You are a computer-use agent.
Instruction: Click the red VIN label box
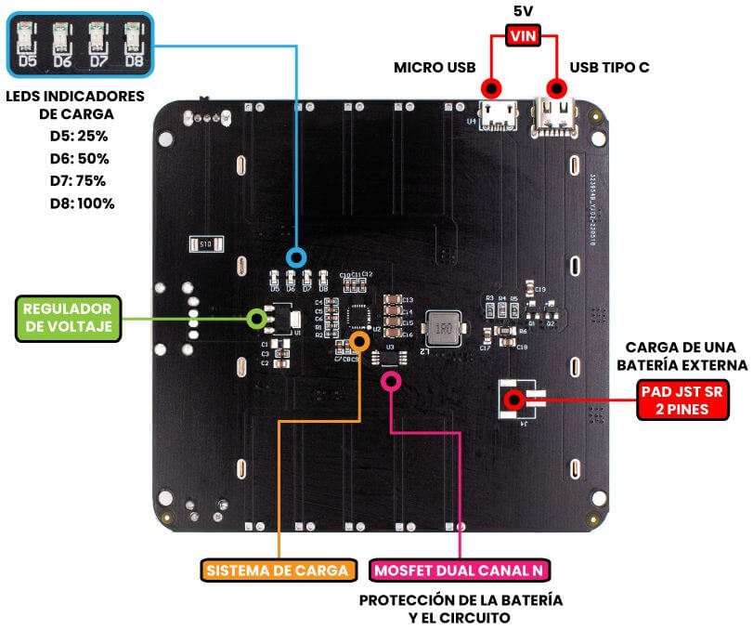click(523, 36)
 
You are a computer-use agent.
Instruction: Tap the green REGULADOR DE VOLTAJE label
click(68, 317)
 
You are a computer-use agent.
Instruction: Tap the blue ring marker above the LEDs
click(296, 257)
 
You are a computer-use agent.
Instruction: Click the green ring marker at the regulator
click(257, 319)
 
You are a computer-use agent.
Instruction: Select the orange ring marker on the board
click(360, 339)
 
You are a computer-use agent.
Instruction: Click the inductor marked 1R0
click(443, 329)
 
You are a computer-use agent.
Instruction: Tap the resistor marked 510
click(202, 244)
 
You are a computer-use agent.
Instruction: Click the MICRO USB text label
click(435, 68)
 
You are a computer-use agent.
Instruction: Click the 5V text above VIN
click(523, 12)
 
